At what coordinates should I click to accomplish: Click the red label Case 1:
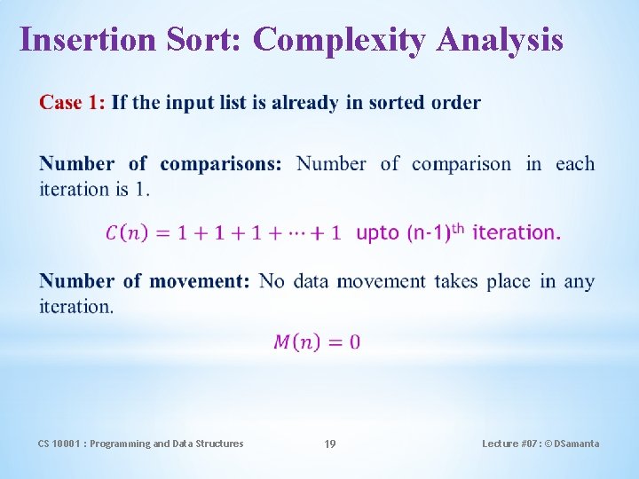72,103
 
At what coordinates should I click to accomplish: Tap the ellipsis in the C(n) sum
296,233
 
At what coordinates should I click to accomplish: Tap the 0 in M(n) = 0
355,342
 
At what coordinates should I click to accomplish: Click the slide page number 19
329,444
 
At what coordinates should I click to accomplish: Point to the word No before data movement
272,281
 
